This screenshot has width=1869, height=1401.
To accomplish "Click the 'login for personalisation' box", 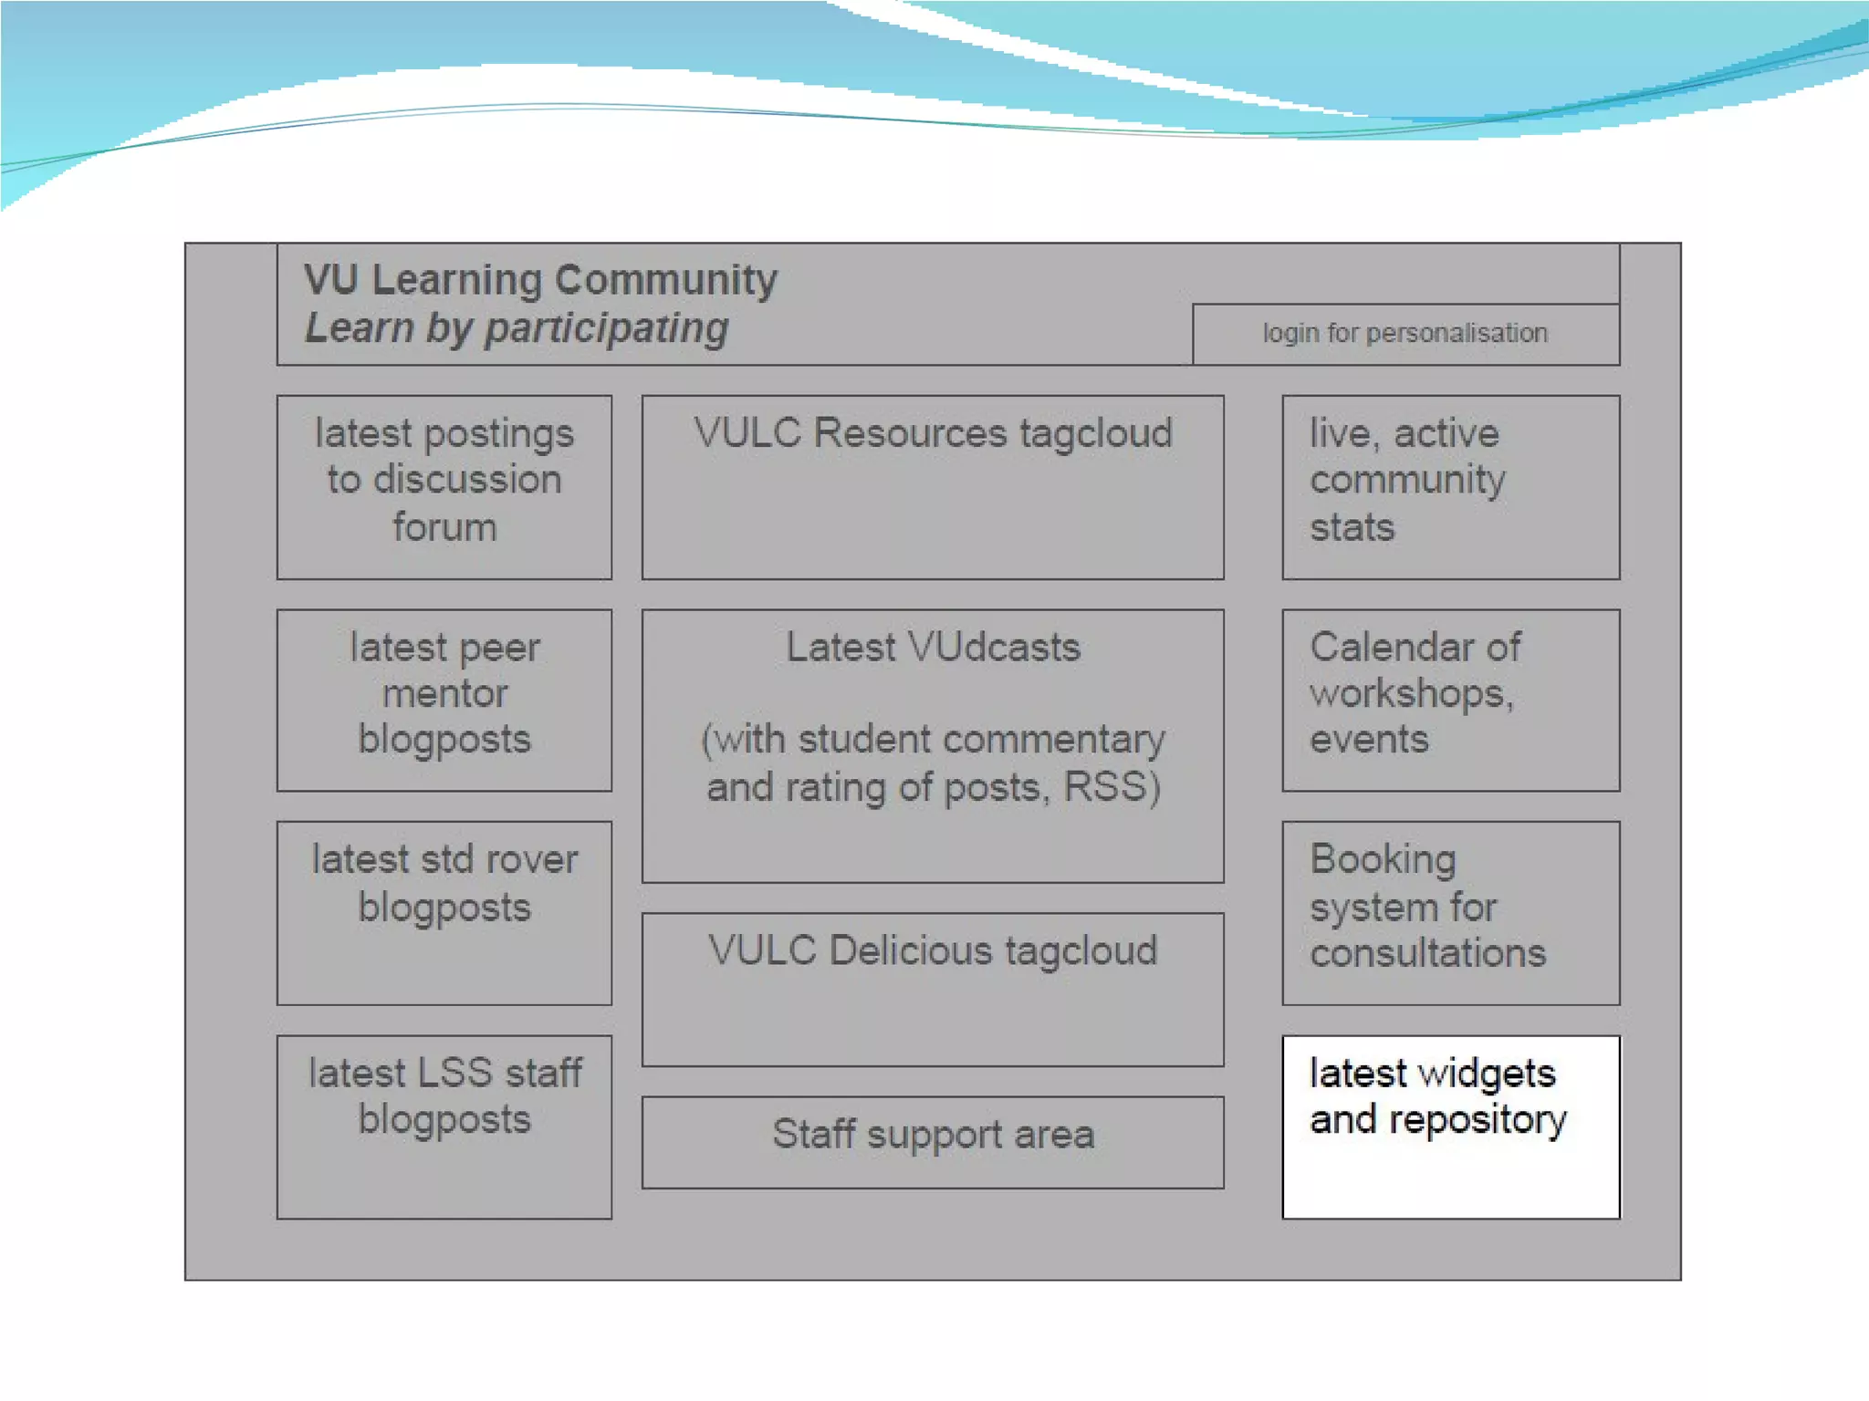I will (x=1405, y=334).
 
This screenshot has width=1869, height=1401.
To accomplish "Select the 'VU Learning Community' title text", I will (x=540, y=279).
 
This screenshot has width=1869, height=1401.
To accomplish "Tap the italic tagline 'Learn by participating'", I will (x=517, y=328).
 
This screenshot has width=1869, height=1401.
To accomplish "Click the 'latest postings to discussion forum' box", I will (x=444, y=487).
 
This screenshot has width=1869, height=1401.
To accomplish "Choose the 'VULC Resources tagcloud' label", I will (x=933, y=433).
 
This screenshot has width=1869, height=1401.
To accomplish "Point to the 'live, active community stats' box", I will (x=1450, y=487).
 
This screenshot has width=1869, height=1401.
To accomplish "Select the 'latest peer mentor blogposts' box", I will (x=444, y=700).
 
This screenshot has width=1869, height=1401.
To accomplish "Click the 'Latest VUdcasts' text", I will (x=933, y=648).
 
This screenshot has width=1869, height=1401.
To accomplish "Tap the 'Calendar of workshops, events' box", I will (x=1450, y=700).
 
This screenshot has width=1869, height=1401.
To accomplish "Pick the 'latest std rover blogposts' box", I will (x=444, y=912).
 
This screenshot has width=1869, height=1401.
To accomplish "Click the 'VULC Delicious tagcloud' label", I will (x=933, y=950).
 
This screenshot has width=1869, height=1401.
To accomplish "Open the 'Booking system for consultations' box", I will (x=1450, y=912).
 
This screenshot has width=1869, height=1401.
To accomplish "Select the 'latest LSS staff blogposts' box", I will (x=444, y=1126).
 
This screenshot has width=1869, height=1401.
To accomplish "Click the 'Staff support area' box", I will (x=933, y=1141).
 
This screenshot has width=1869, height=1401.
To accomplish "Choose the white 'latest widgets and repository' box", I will (x=1450, y=1126).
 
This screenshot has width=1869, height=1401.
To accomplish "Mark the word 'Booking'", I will (x=1383, y=860).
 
